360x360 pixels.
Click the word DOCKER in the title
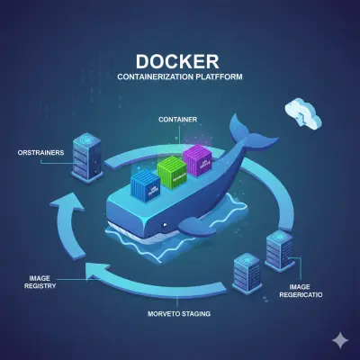pyautogui.click(x=180, y=62)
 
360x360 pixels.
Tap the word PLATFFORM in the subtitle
pyautogui.click(x=221, y=78)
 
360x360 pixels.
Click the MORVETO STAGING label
pyautogui.click(x=178, y=314)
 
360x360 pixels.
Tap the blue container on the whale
pyautogui.click(x=145, y=186)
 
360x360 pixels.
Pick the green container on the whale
pyautogui.click(x=169, y=172)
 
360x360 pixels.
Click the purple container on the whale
pyautogui.click(x=196, y=163)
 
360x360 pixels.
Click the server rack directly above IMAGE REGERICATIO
pyautogui.click(x=279, y=251)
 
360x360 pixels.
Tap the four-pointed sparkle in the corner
pyautogui.click(x=339, y=339)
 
